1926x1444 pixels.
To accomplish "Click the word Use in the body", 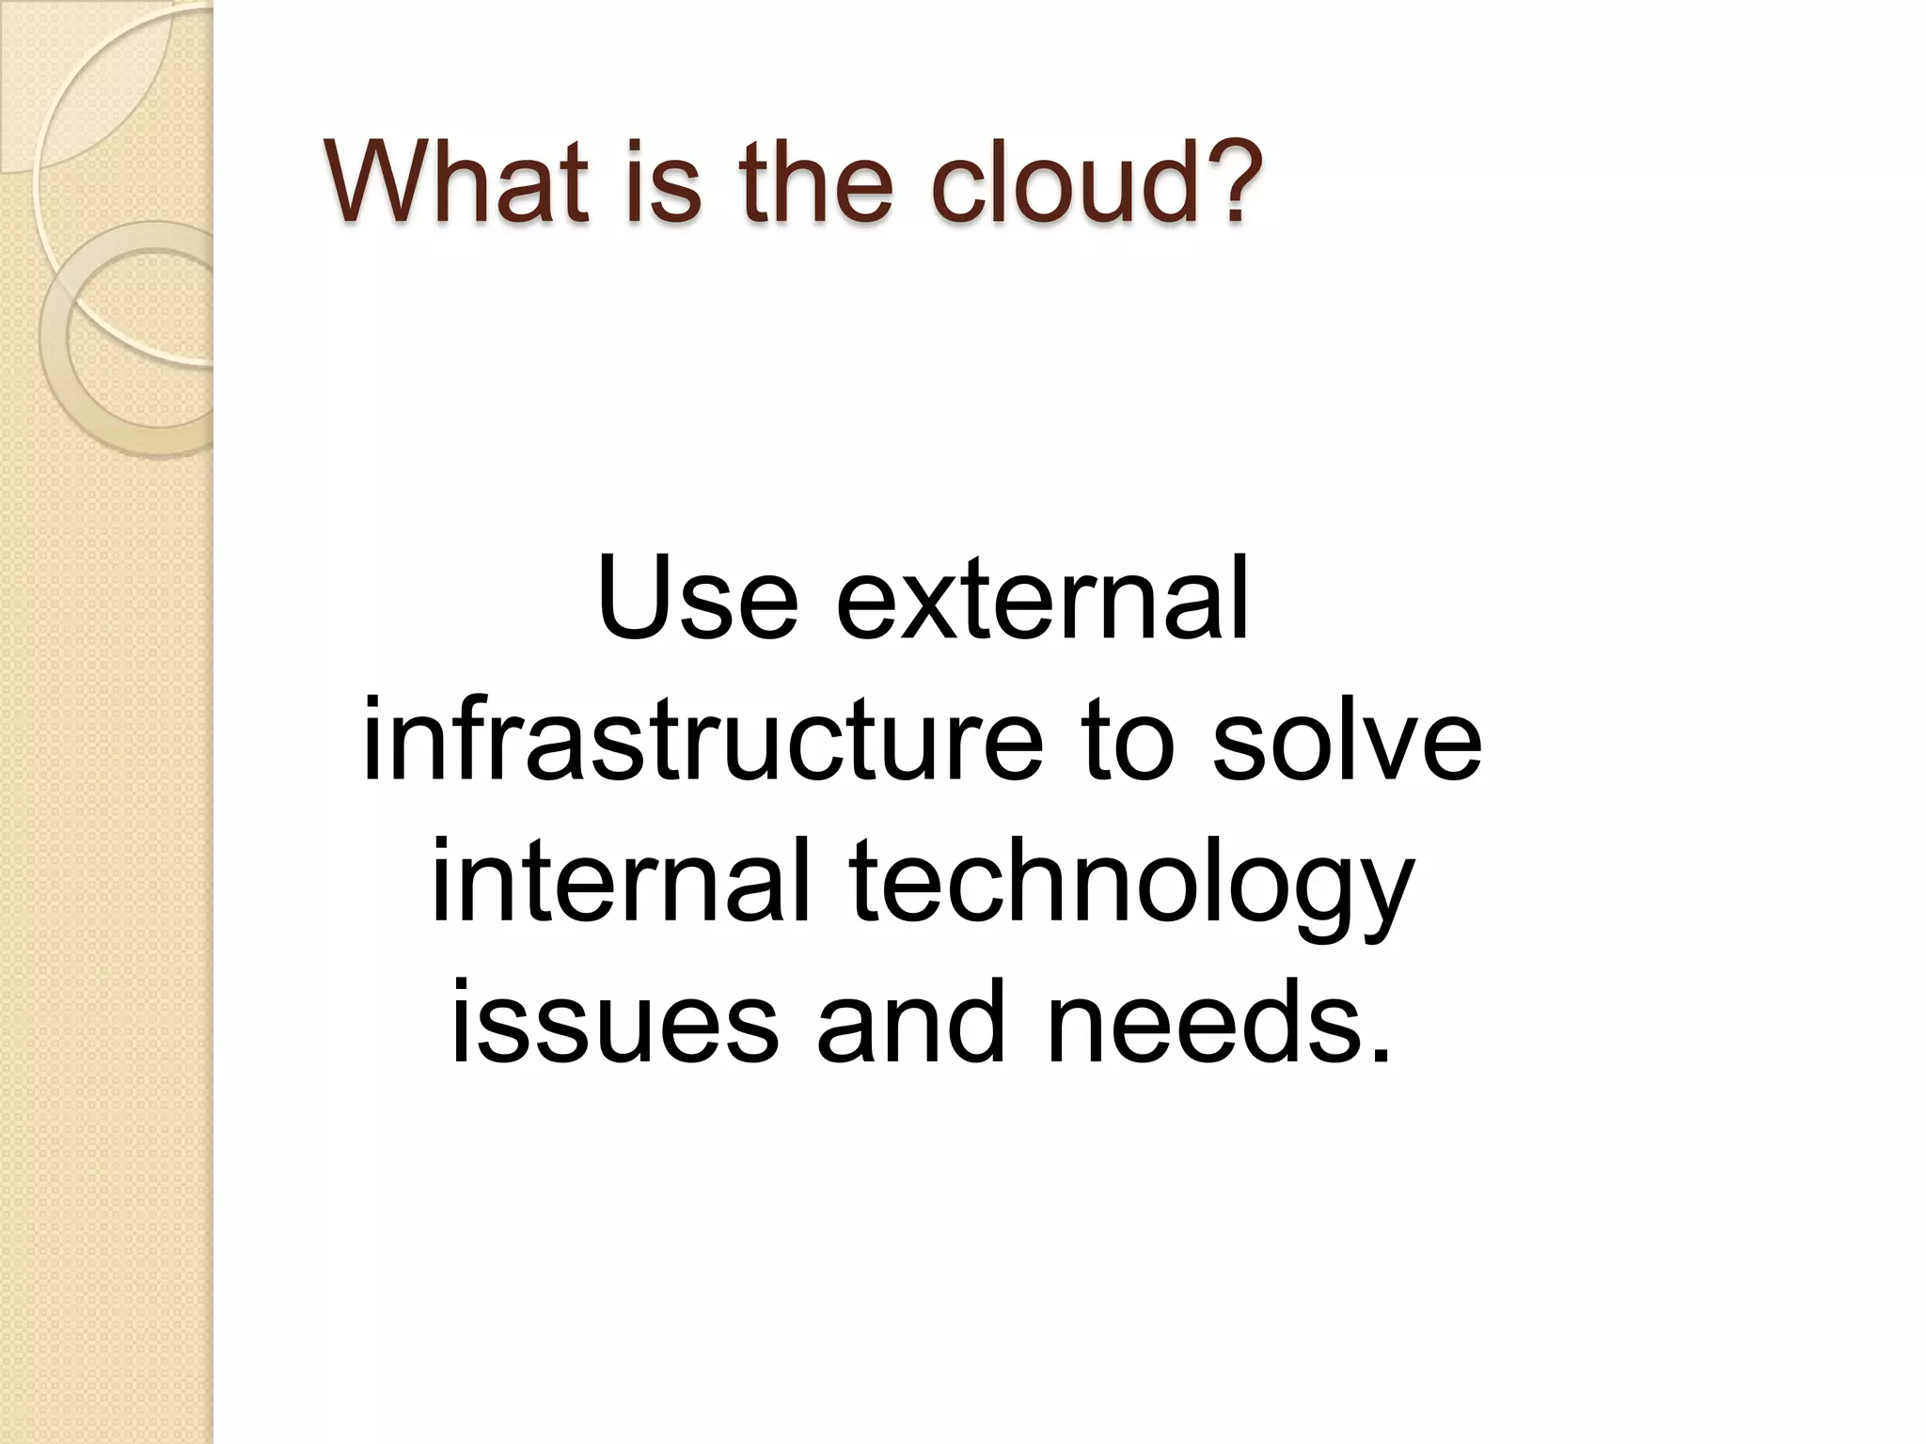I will coord(697,598).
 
